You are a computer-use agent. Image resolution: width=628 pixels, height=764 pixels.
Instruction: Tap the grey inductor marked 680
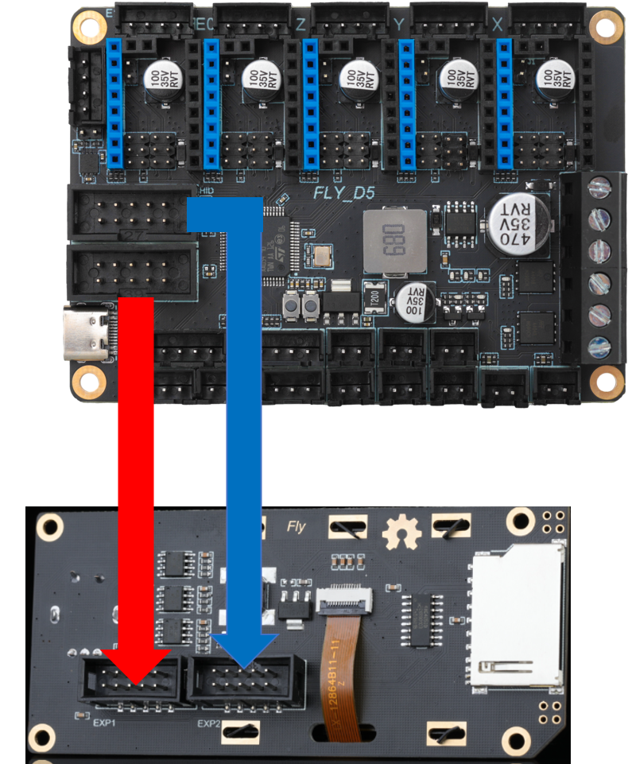[x=389, y=239]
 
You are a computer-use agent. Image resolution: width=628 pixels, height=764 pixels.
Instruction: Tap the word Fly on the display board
[x=296, y=525]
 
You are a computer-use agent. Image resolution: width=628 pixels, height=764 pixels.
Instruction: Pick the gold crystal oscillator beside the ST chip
[x=321, y=257]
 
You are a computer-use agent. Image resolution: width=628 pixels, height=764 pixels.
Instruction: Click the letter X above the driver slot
[x=498, y=25]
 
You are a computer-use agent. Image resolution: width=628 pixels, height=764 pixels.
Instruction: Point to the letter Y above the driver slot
[x=399, y=25]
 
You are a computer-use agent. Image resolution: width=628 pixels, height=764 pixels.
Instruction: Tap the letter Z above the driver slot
[x=300, y=25]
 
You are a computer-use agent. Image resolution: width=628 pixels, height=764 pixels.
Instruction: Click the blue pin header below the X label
[x=502, y=103]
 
